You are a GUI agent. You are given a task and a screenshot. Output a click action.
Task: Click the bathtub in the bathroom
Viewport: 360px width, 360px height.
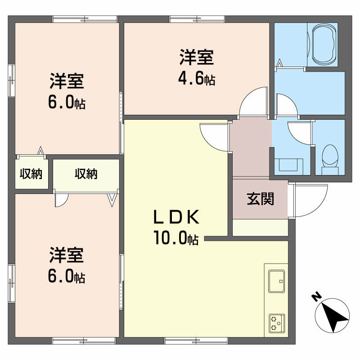[323, 45]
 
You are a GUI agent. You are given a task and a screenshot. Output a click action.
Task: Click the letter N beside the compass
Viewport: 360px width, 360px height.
[316, 297]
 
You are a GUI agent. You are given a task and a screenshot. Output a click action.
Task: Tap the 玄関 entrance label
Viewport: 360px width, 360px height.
[260, 198]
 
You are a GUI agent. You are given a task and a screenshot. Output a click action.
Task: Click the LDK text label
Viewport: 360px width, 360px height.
[176, 218]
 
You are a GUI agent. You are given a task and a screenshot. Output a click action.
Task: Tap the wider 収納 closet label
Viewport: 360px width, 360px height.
[86, 174]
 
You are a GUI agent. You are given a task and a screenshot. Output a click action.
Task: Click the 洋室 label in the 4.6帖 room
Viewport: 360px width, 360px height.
[197, 58]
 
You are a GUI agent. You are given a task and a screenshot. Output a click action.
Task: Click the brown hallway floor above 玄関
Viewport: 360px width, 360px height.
[250, 148]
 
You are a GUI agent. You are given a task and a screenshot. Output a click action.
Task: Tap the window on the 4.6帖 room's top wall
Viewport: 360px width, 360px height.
[197, 19]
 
